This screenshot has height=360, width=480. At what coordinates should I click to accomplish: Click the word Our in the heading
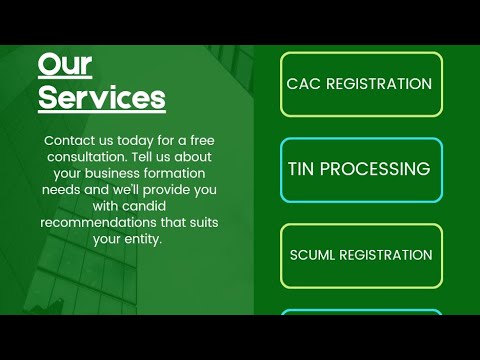pos(65,65)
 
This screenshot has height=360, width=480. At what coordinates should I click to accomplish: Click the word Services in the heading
pos(101,98)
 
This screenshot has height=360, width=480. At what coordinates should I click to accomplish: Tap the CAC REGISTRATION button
pos(360,84)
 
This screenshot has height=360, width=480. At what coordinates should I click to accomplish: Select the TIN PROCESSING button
pos(360,169)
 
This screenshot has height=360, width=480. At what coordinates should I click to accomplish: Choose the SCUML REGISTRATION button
pos(360,255)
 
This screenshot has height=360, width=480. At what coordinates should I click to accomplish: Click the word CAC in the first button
pos(303,84)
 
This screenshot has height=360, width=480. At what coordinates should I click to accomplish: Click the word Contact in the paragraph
pos(71,142)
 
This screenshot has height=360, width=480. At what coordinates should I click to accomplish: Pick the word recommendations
pos(86,223)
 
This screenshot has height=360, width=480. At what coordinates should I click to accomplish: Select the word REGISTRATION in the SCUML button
pos(386,255)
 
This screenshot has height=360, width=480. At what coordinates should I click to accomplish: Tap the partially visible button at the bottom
pos(360,312)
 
